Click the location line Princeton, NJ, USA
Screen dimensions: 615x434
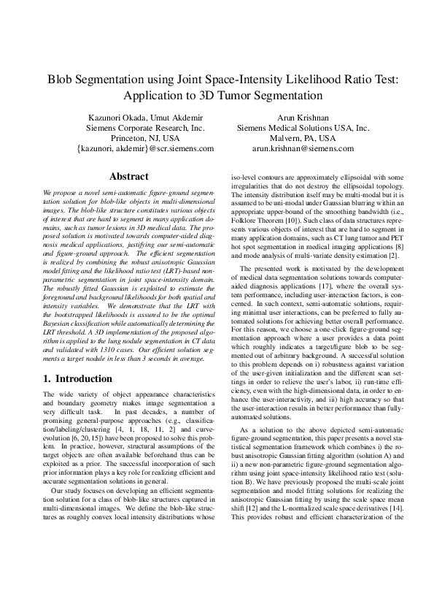tap(145, 137)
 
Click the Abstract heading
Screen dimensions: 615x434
tap(128, 176)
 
